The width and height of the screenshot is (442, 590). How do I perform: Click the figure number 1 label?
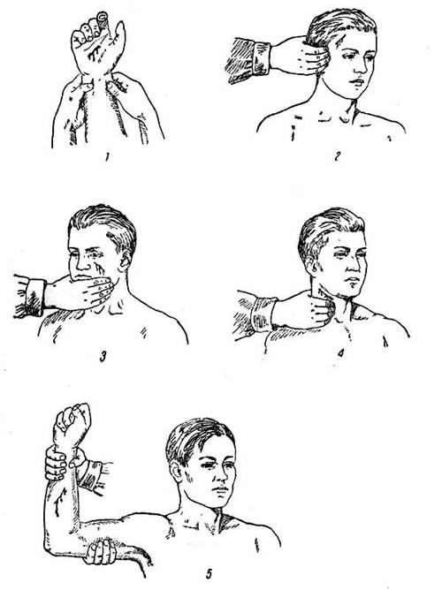107,157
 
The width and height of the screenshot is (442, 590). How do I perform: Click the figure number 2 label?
337,155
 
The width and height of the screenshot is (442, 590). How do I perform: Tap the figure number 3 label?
103,356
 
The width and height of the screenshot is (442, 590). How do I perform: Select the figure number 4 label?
340,353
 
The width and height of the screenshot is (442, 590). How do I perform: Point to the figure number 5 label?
210,574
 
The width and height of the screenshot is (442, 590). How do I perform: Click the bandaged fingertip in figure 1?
103,19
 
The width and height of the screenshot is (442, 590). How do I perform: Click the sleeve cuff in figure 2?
262,59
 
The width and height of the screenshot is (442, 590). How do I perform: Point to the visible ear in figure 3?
125,261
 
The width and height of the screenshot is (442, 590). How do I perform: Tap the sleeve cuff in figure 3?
36,298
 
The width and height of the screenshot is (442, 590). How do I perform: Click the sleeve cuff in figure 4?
263,314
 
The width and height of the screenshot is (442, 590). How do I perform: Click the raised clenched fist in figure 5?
73,423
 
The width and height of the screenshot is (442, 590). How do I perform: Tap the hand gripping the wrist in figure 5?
64,463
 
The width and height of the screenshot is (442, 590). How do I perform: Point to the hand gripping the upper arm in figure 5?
100,552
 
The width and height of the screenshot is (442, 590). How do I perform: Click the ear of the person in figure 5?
175,473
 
